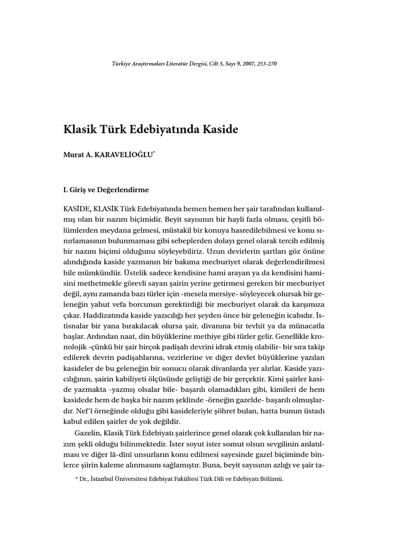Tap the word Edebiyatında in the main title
[161, 130]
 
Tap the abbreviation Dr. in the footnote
[84, 479]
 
